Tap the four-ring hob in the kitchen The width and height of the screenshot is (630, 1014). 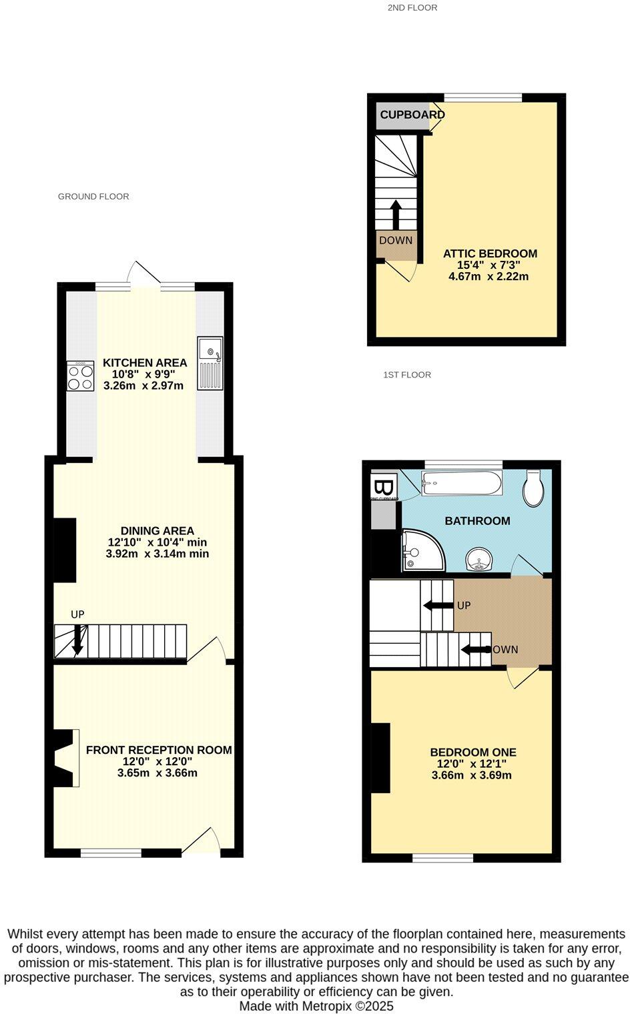(x=80, y=376)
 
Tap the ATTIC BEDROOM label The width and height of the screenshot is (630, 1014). (x=490, y=253)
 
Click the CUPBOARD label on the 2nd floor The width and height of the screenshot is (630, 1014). (x=412, y=115)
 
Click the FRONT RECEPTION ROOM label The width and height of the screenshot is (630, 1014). (x=159, y=750)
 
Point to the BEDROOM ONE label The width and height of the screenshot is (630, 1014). (x=472, y=752)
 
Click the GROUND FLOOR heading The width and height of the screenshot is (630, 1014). (x=93, y=196)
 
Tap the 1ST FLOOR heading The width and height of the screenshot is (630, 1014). (x=407, y=375)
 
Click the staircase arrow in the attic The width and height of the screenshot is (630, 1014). (x=395, y=214)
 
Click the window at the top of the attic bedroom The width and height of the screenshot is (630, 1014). (x=483, y=97)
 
